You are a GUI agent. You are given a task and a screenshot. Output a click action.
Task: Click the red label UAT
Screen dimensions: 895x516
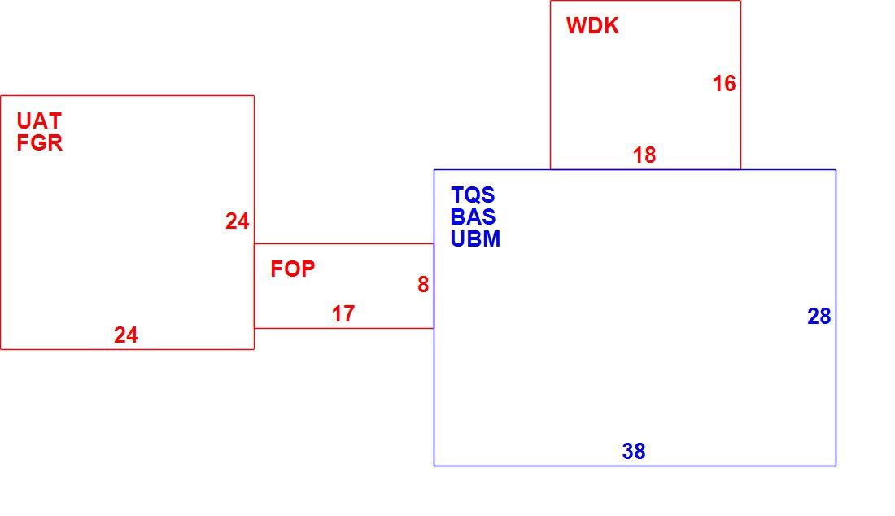[39, 121]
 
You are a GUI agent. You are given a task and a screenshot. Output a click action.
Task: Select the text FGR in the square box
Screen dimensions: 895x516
[39, 142]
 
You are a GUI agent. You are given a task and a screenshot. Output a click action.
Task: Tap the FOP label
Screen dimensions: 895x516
[292, 269]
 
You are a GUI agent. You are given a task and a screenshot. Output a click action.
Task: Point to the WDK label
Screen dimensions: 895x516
[592, 26]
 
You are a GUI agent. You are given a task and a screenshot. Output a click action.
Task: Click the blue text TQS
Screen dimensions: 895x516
[473, 195]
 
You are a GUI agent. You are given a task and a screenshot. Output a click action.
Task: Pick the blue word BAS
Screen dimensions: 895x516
[473, 217]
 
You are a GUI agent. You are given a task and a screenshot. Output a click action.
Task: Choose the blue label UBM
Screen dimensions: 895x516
[475, 238]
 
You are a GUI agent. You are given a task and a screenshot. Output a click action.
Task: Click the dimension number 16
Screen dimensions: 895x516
[724, 84]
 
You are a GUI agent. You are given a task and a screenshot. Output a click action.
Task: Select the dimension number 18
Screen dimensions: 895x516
[644, 155]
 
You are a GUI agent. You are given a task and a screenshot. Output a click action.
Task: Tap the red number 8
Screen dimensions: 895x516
[423, 284]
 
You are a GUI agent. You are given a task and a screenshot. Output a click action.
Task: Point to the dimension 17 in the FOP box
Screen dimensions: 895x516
[343, 314]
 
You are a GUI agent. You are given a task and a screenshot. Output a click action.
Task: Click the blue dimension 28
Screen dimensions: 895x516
[819, 317]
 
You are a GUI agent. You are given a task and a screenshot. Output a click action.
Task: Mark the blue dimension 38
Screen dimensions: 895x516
[634, 452]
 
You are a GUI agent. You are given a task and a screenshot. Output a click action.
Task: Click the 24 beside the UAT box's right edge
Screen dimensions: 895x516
[237, 221]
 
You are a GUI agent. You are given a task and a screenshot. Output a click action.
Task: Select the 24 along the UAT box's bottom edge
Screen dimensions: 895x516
[125, 335]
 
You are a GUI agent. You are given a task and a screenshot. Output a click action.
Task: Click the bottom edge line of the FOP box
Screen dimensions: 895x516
[344, 328]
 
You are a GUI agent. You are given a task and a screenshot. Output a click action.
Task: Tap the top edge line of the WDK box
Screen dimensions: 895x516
[645, 1]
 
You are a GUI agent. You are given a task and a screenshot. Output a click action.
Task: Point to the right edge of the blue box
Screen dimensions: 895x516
[836, 318]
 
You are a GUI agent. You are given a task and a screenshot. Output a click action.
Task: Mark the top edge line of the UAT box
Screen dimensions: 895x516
[127, 96]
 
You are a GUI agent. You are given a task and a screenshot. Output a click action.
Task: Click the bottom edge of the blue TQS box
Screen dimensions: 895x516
[635, 466]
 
